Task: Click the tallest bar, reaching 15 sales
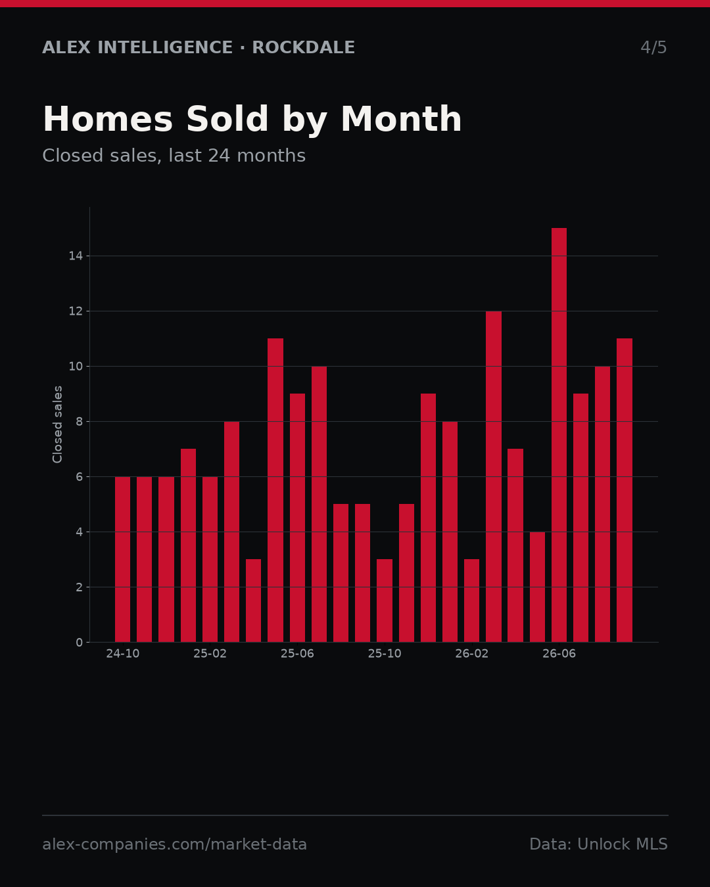point(559,435)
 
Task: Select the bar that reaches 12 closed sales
point(494,476)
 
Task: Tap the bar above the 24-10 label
point(122,559)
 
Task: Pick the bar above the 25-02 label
point(210,559)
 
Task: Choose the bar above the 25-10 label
point(385,601)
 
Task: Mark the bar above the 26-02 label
point(471,601)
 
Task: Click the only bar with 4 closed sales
point(537,587)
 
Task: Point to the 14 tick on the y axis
point(76,256)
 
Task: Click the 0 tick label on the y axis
point(80,643)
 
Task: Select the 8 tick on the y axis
point(80,422)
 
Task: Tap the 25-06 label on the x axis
point(297,654)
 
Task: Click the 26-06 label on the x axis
point(559,654)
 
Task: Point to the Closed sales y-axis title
point(57,424)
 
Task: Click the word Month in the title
point(401,119)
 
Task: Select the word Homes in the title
point(108,119)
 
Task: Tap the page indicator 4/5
point(653,47)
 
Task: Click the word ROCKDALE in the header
point(303,47)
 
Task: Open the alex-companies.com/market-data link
point(174,844)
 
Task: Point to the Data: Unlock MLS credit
point(598,844)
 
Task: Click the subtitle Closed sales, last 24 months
point(174,156)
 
